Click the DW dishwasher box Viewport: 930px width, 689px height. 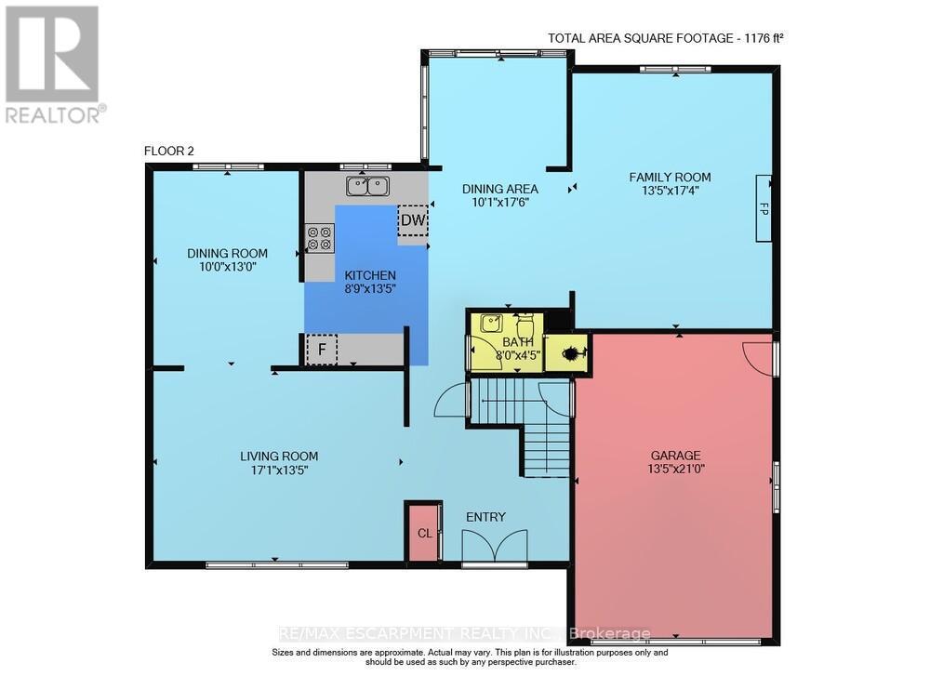(x=412, y=221)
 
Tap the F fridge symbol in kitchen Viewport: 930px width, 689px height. (x=322, y=350)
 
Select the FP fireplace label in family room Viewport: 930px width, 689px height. (x=764, y=208)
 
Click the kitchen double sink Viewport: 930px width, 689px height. (x=366, y=187)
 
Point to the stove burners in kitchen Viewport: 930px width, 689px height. (x=320, y=238)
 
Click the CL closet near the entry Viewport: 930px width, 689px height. (x=423, y=533)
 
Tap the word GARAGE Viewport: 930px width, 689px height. (x=675, y=455)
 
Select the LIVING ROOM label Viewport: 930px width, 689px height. (x=279, y=456)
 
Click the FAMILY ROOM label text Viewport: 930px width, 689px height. (x=670, y=177)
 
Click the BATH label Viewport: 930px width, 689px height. (x=507, y=342)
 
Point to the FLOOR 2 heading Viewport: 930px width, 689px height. (x=169, y=151)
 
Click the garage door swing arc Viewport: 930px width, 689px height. (x=760, y=358)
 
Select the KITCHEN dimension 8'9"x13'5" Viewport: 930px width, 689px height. (x=370, y=288)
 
